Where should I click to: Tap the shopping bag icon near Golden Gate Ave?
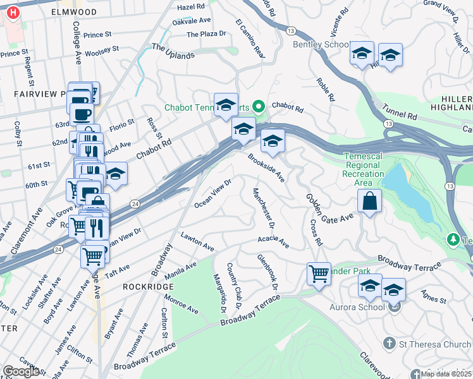[369, 203]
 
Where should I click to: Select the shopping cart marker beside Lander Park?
[319, 275]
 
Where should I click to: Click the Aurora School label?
[358, 307]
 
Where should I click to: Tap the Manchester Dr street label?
[264, 208]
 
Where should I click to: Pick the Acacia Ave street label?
[273, 241]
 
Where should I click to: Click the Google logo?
[21, 371]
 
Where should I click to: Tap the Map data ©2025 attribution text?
[446, 374]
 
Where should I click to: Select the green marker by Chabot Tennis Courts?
[258, 107]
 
